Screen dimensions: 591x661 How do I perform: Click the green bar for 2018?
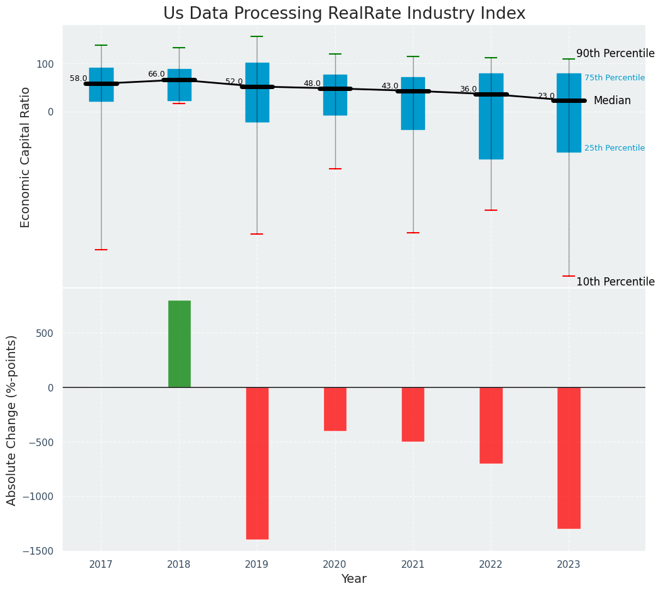tap(179, 344)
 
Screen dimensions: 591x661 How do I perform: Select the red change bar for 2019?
tap(257, 463)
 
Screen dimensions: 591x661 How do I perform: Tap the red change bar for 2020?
tap(335, 409)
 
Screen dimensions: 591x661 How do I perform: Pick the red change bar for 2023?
tap(569, 458)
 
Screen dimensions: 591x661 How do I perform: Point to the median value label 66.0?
tap(156, 74)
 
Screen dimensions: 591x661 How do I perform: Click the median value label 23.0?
tap(546, 96)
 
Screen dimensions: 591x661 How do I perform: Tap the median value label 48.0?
tap(312, 83)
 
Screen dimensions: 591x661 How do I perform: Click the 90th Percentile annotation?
tap(615, 53)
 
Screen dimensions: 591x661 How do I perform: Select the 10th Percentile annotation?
tap(615, 282)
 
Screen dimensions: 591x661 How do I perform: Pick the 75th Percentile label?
tap(614, 78)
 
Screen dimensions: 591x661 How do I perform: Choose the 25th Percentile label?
tap(614, 148)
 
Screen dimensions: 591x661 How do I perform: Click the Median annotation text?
tap(612, 100)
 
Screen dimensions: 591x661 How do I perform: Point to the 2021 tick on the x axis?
tap(413, 565)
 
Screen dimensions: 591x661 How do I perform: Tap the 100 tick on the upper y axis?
tap(45, 64)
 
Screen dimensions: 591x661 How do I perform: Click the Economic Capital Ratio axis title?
tap(26, 157)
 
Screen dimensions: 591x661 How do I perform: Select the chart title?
tap(344, 14)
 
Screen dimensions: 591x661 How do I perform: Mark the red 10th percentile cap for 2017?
tap(101, 250)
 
